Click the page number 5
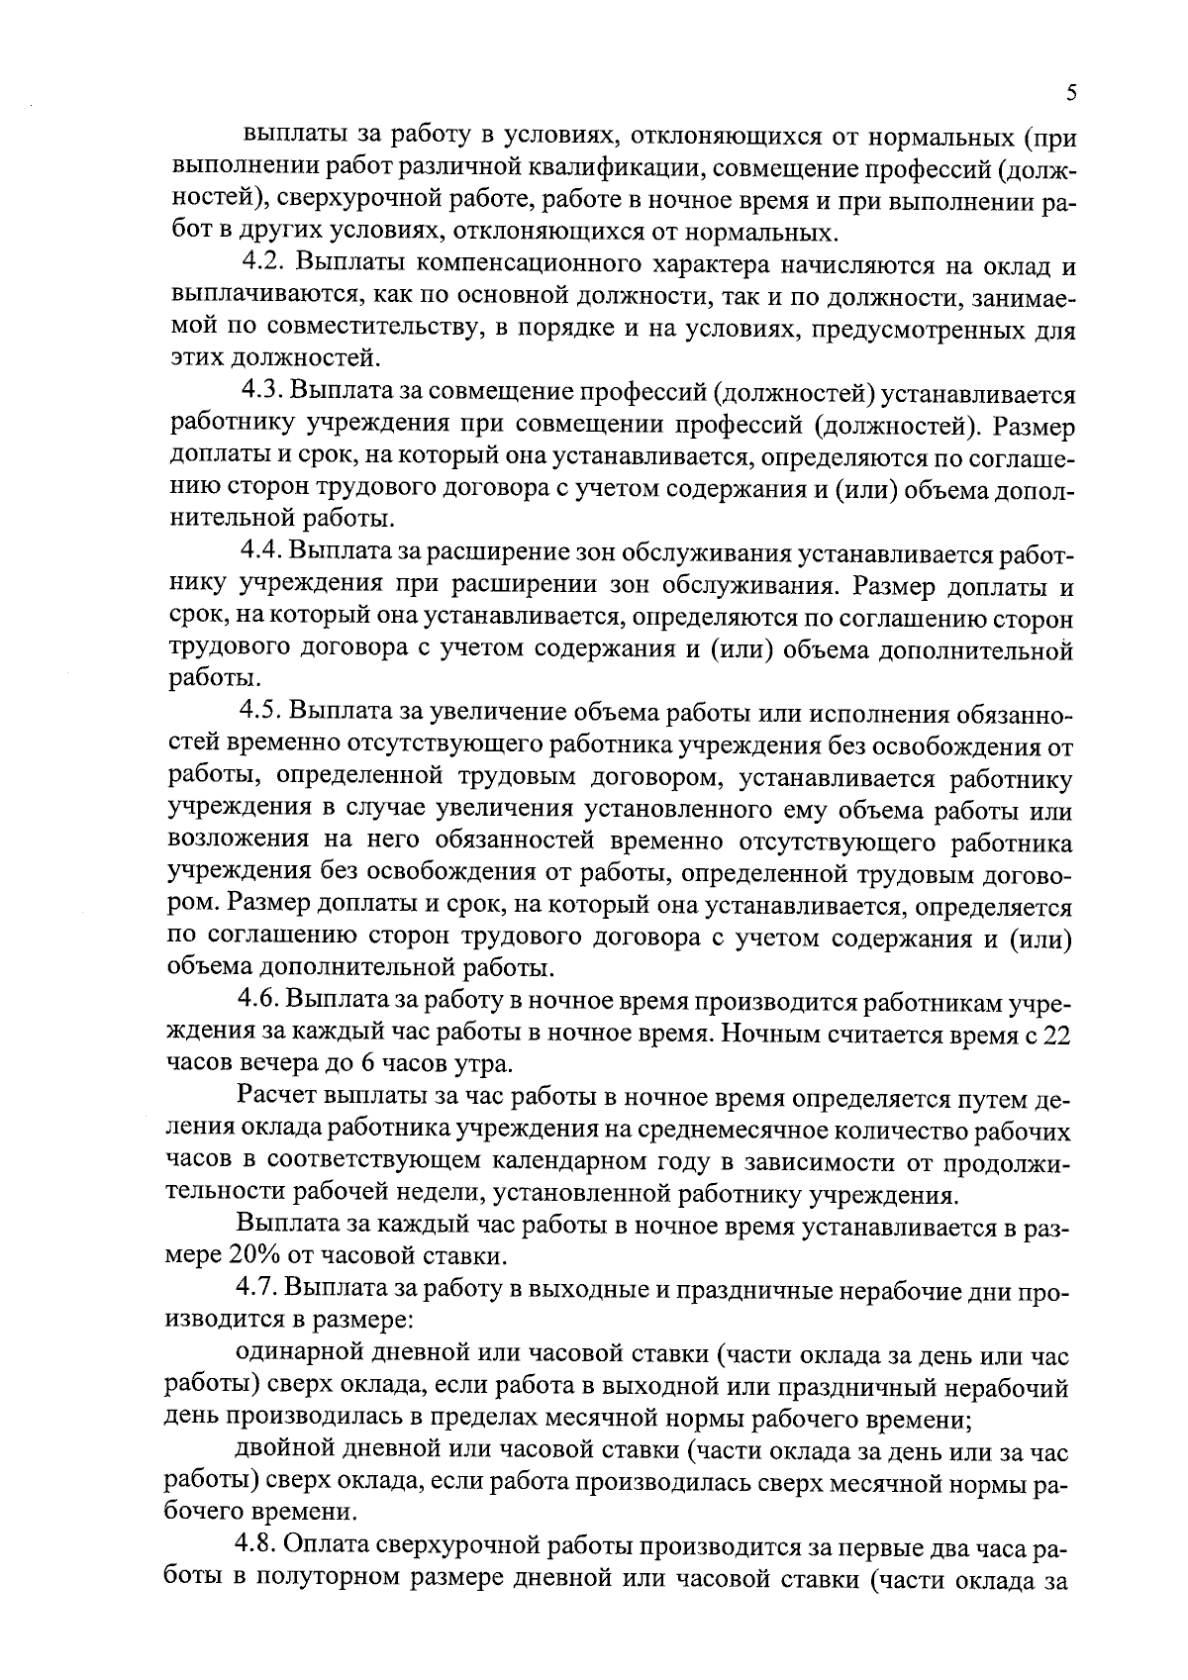pyautogui.click(x=1071, y=93)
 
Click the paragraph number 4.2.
pyautogui.click(x=263, y=265)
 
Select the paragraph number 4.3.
pyautogui.click(x=263, y=394)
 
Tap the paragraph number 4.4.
pyautogui.click(x=263, y=552)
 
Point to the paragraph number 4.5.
pyautogui.click(x=263, y=712)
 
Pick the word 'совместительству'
pyautogui.click(x=372, y=330)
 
